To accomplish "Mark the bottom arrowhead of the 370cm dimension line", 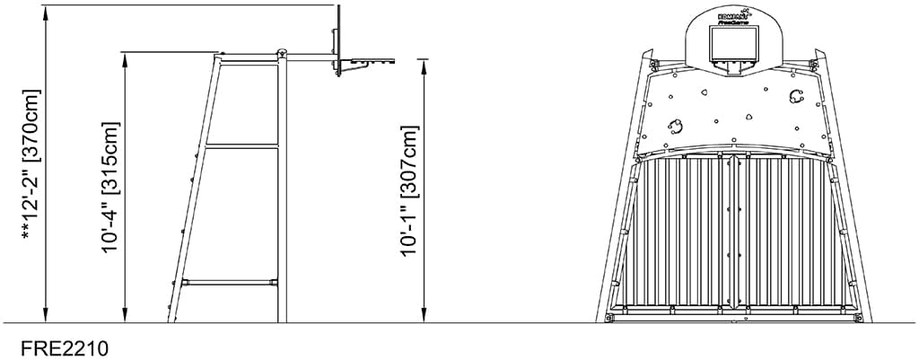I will (x=43, y=315).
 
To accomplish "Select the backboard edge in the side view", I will (x=339, y=40).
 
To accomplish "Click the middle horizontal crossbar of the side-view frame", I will (x=242, y=146).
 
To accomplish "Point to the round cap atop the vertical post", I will (x=282, y=52).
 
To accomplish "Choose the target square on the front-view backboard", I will (x=734, y=43).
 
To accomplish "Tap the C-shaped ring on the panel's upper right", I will (x=794, y=96).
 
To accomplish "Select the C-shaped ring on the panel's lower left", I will (x=676, y=125).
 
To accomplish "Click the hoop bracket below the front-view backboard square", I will (x=734, y=67).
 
